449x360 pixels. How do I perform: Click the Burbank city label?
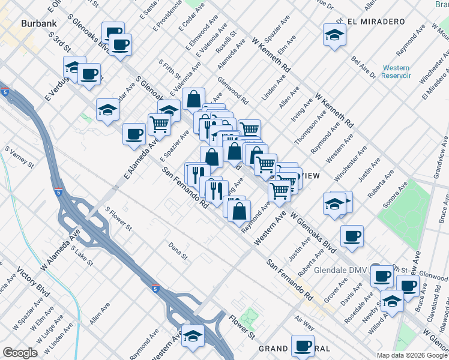(x=38, y=24)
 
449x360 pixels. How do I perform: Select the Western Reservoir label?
(x=396, y=71)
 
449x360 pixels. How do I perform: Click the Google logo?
(x=20, y=353)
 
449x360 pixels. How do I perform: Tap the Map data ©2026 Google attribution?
(x=412, y=355)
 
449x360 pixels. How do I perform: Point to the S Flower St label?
(x=118, y=219)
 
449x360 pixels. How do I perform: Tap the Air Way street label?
(x=304, y=323)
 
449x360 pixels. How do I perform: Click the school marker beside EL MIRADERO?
(x=334, y=35)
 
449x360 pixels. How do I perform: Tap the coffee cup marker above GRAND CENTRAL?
(x=303, y=346)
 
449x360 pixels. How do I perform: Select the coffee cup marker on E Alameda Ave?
(x=134, y=134)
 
